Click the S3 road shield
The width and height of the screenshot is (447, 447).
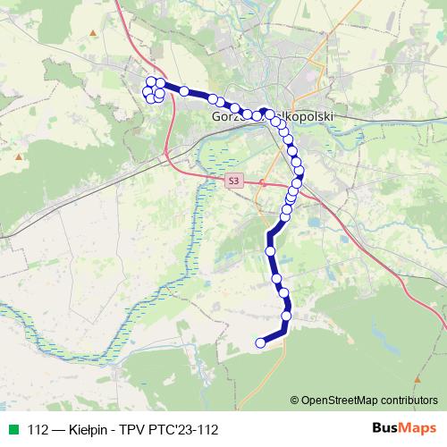tap(233, 180)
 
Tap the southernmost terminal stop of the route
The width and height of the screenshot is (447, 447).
tap(261, 342)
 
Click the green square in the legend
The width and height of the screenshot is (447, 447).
tap(13, 429)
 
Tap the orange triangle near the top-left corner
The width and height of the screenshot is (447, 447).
tap(92, 34)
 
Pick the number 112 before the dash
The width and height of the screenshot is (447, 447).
tap(38, 429)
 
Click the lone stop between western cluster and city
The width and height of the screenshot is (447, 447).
tap(184, 90)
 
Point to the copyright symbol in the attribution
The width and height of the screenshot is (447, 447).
tap(294, 400)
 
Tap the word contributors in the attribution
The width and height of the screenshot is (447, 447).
tap(407, 400)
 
